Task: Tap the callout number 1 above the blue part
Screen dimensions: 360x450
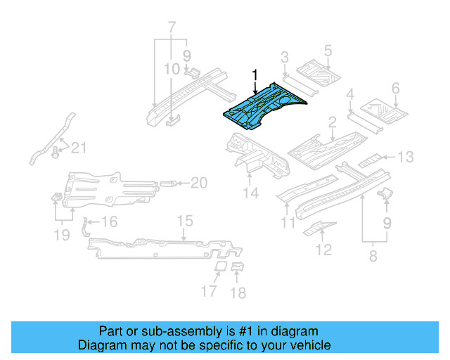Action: pos(255,75)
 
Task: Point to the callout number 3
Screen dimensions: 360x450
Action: pos(285,57)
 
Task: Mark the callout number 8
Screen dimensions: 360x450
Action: pos(373,257)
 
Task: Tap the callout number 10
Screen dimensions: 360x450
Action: pos(172,69)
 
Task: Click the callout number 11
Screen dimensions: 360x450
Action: pos(287,224)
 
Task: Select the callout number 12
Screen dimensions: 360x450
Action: pos(323,249)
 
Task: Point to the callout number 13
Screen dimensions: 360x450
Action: pos(406,157)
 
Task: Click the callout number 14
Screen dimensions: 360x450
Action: pos(251,193)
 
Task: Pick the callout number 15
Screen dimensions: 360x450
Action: pos(184,221)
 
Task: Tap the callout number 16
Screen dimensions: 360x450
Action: pos(110,223)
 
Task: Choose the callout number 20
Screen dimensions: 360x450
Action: pos(199,184)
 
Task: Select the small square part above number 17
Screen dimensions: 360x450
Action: pos(219,267)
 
